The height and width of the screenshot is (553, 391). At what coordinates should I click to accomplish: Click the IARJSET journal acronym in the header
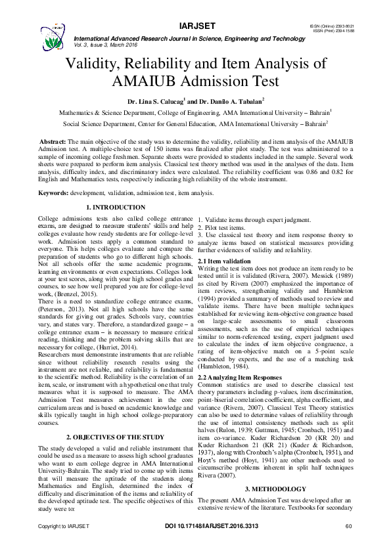click(x=195, y=27)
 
